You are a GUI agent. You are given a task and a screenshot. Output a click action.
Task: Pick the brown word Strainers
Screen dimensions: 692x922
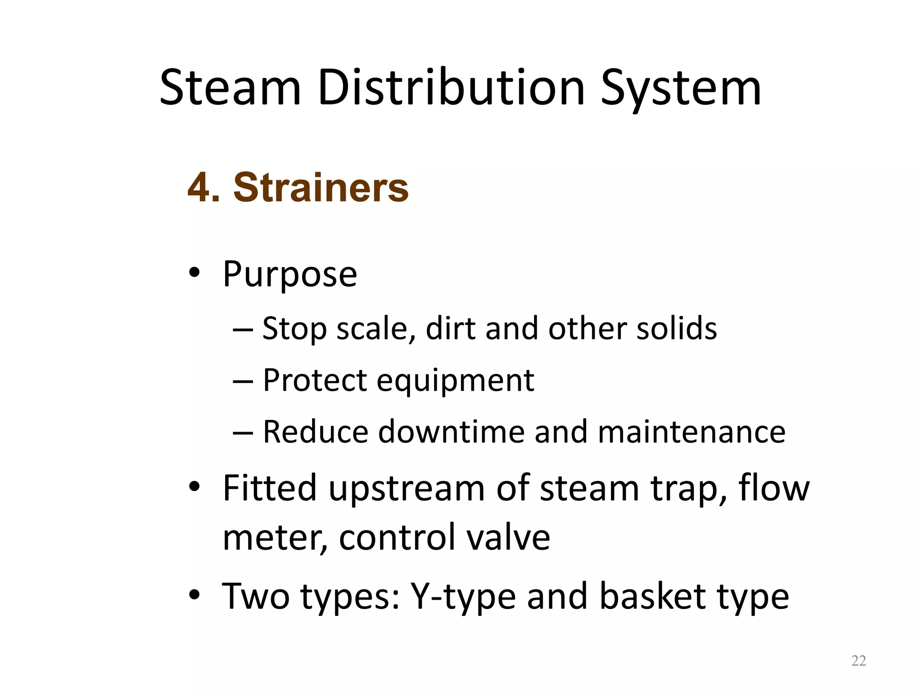[x=321, y=187]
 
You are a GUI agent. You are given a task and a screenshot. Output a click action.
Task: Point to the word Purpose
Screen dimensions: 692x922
[x=290, y=275]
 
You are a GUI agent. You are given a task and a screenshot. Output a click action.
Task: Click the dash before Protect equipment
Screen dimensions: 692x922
[x=244, y=381]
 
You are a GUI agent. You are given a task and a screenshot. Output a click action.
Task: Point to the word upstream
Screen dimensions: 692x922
[x=407, y=488]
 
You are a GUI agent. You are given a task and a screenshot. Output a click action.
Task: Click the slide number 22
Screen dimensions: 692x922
[x=859, y=661]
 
